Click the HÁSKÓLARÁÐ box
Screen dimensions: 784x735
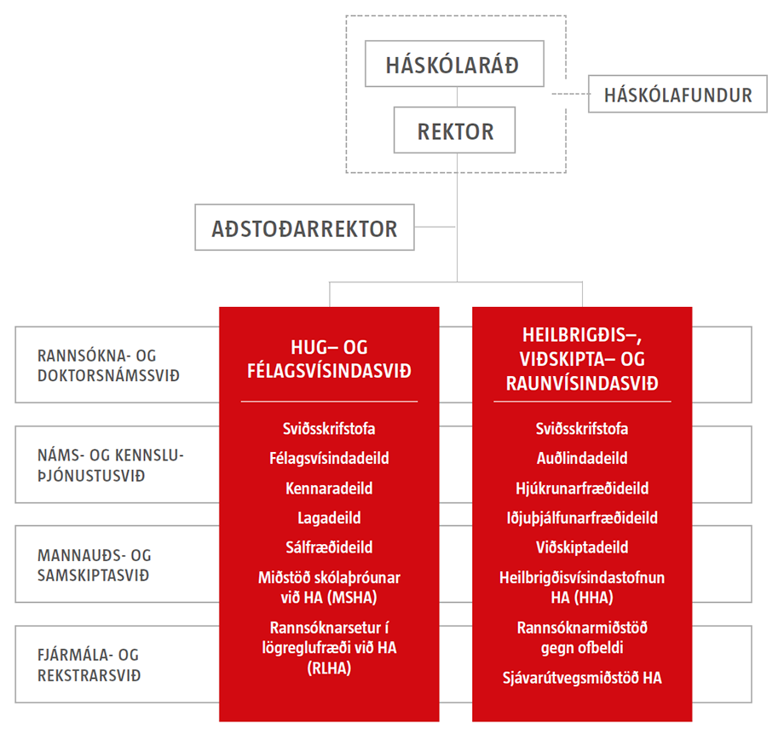[x=454, y=64]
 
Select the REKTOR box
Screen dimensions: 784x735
[x=454, y=130]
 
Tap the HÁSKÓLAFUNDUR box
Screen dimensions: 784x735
[x=677, y=94]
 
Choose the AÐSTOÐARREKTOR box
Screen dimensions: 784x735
[x=304, y=227]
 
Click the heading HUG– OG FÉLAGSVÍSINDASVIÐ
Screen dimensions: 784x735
[x=329, y=359]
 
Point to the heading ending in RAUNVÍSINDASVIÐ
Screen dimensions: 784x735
[x=582, y=359]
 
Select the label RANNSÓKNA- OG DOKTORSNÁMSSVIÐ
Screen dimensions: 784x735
[x=108, y=365]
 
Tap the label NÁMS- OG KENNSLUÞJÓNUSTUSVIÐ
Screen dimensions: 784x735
[x=111, y=465]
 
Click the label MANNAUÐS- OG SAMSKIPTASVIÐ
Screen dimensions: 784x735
[x=94, y=564]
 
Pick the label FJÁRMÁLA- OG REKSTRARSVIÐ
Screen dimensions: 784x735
[x=89, y=664]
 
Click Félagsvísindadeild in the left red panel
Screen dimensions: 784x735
[x=329, y=458]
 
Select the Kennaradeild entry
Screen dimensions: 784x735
[x=329, y=488]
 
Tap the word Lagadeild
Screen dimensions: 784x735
[x=329, y=518]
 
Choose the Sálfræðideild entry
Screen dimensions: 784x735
[x=329, y=547]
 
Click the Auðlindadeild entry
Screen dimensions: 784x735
[x=582, y=458]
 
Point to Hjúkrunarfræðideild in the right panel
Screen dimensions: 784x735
[x=582, y=488]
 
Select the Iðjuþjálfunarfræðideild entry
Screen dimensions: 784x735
[x=582, y=518]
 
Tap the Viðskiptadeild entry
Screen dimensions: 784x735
[x=582, y=547]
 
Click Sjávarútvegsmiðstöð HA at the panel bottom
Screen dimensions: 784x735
[x=582, y=678]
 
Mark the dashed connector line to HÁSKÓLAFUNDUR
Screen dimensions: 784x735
[x=570, y=94]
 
